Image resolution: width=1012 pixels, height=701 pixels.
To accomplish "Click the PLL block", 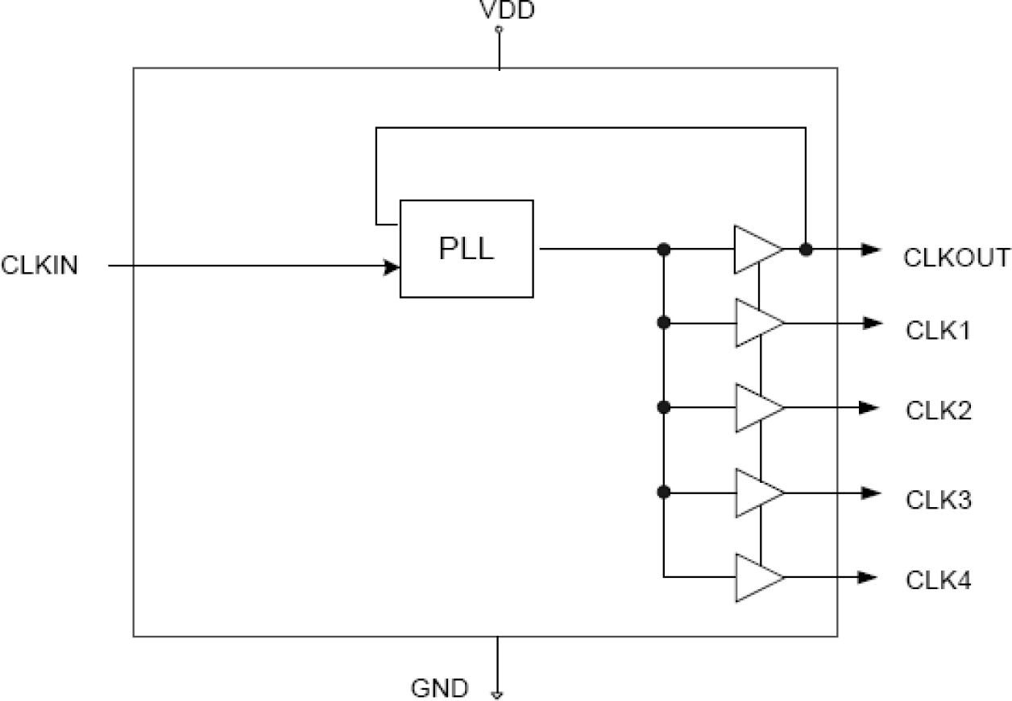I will pyautogui.click(x=467, y=249).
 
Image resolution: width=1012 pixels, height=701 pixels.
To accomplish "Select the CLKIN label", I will pyautogui.click(x=40, y=266).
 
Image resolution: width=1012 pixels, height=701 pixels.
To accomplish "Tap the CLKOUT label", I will pyautogui.click(x=956, y=258).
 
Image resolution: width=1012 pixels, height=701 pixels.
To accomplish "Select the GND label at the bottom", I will pyautogui.click(x=439, y=689).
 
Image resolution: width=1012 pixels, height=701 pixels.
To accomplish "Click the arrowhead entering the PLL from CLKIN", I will pyautogui.click(x=392, y=266).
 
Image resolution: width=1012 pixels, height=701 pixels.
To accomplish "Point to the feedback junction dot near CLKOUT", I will pyautogui.click(x=805, y=249).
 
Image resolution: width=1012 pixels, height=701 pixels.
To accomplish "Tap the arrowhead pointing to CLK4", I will pyautogui.click(x=869, y=577).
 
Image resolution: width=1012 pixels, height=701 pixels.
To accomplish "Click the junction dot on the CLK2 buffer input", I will pyautogui.click(x=663, y=408).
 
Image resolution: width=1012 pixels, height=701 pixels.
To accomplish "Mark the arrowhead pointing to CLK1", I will pyautogui.click(x=869, y=324).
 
